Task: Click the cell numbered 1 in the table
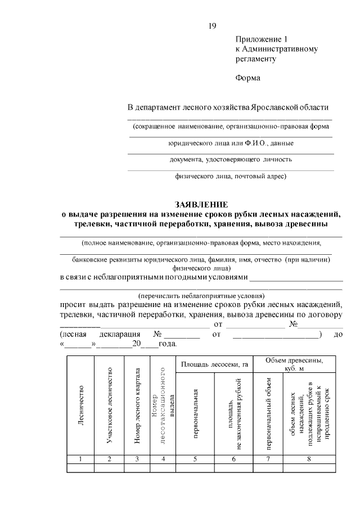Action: pyautogui.click(x=81, y=459)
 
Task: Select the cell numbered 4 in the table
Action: pyautogui.click(x=163, y=459)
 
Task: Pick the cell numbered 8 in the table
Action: pyautogui.click(x=309, y=459)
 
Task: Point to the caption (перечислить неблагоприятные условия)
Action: pyautogui.click(x=201, y=295)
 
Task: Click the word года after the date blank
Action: pyautogui.click(x=168, y=344)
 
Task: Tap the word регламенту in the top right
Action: pyautogui.click(x=256, y=58)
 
